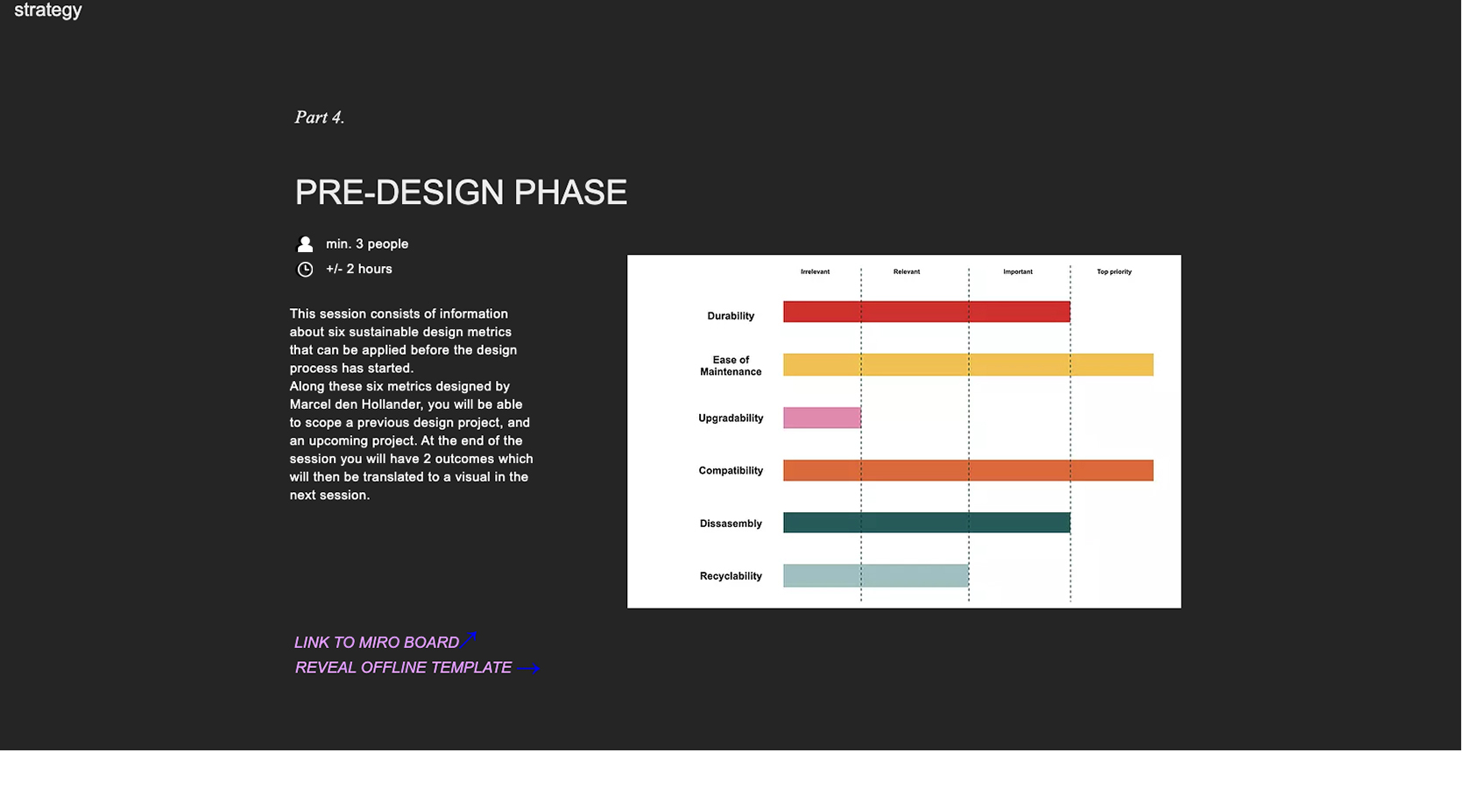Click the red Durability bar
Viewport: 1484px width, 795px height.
[x=926, y=312]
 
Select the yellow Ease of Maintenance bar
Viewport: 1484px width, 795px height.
[x=968, y=364]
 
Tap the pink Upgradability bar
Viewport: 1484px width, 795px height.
[x=822, y=418]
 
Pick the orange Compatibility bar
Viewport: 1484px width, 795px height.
[x=968, y=470]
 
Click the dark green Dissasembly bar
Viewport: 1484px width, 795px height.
[x=926, y=523]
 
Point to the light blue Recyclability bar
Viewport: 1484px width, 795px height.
[x=875, y=575]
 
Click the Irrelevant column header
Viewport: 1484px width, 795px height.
[x=815, y=271]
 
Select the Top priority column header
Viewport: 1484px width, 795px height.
[x=1113, y=271]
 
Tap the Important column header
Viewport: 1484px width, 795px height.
[x=1017, y=271]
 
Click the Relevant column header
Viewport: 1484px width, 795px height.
[x=906, y=271]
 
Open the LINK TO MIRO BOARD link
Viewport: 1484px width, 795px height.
[x=377, y=643]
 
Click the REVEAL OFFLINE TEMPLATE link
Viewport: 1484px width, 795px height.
[x=403, y=668]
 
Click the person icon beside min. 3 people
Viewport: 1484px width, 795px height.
[x=305, y=244]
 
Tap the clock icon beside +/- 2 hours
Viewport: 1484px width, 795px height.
[x=305, y=270]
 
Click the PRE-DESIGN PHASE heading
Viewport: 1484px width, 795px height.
[x=461, y=193]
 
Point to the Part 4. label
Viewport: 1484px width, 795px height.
[x=319, y=117]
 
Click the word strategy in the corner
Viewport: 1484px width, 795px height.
[x=48, y=11]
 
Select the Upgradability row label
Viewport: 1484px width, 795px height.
[x=731, y=419]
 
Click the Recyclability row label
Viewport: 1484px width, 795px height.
[x=731, y=576]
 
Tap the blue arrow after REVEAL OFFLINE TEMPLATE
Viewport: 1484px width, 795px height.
[x=528, y=669]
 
